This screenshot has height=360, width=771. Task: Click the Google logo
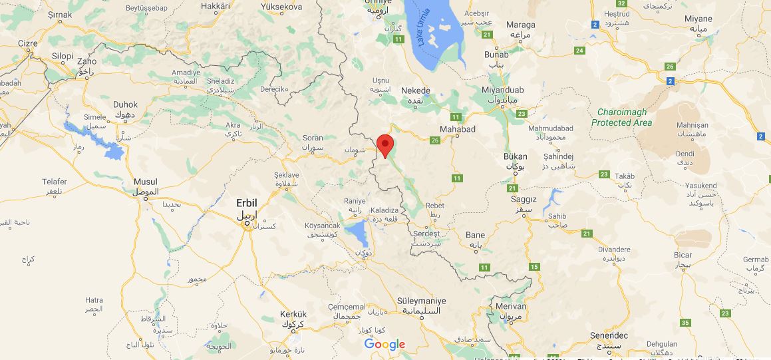(x=385, y=344)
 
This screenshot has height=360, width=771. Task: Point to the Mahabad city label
(x=458, y=129)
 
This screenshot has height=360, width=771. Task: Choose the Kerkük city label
(x=293, y=314)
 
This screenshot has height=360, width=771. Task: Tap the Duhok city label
(x=126, y=104)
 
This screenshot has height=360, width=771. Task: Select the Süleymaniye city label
(x=421, y=301)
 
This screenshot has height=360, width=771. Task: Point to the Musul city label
(x=146, y=182)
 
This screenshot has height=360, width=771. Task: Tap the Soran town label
(x=313, y=138)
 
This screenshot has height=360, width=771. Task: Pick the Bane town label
(x=476, y=235)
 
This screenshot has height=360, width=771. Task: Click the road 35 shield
(x=686, y=323)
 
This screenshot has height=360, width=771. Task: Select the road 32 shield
(x=622, y=3)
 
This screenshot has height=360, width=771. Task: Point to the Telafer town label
(x=54, y=181)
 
